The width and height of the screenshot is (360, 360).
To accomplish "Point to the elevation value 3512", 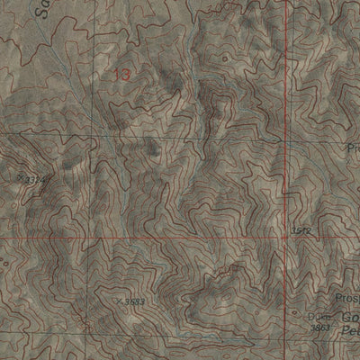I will pos(300,231).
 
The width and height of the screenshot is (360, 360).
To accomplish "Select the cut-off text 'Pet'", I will pos(349,332).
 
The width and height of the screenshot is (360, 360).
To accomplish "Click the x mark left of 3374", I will pos(17,178).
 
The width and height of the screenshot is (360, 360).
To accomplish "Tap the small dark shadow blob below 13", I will pos(148,148).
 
